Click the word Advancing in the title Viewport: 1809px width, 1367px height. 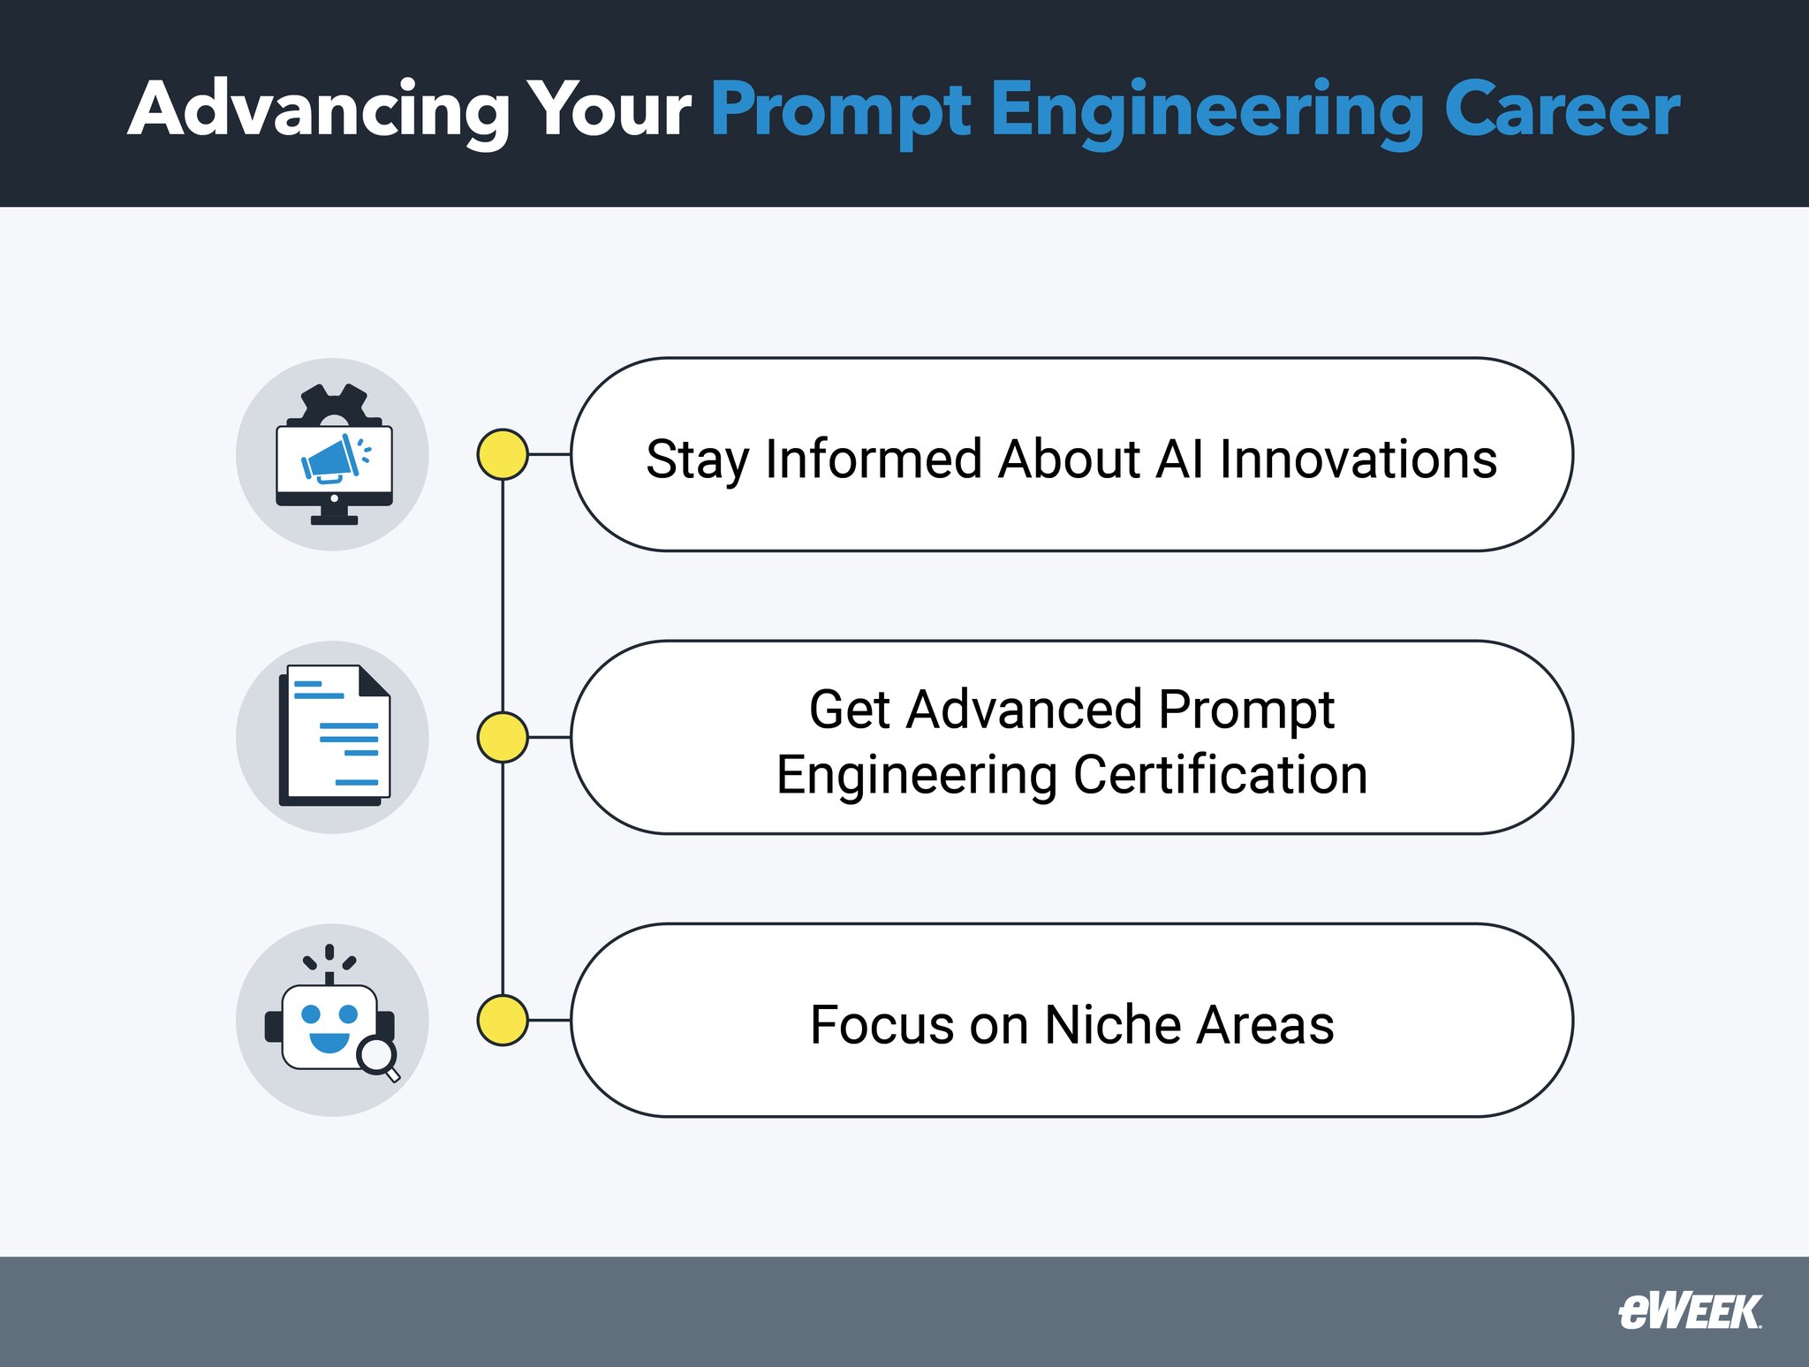[x=318, y=110]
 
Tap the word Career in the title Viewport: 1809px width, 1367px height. [x=1561, y=110]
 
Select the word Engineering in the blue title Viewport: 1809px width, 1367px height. [x=1206, y=110]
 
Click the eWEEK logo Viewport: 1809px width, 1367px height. [x=1689, y=1312]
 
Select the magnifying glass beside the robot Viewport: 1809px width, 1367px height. [x=379, y=1057]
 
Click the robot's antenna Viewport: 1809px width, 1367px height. [x=329, y=968]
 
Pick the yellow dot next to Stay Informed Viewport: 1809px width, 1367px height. [x=503, y=454]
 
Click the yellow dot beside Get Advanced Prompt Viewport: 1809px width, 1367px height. [x=503, y=737]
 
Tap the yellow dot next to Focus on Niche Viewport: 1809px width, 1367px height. [x=503, y=1020]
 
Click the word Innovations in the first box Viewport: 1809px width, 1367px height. [x=1358, y=459]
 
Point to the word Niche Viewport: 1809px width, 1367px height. [x=1113, y=1025]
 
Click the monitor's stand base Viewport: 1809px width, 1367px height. [x=334, y=520]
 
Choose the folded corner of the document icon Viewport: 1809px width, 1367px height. [x=374, y=681]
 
